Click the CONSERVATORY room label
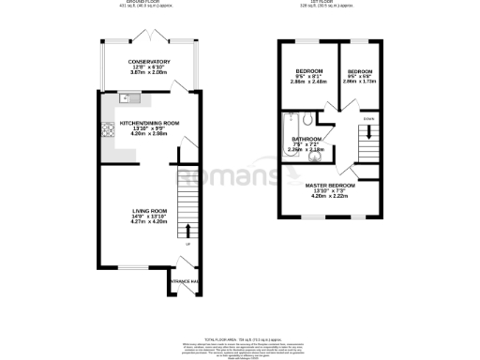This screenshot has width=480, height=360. (x=149, y=62)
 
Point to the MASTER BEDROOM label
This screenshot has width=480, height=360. (x=327, y=186)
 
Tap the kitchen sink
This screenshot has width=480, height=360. (x=128, y=98)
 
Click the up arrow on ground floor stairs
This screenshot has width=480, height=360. (x=187, y=229)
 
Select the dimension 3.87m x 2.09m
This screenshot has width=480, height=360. (x=149, y=73)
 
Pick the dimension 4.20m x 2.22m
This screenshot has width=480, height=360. (x=327, y=197)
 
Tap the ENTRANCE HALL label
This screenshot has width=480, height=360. (x=184, y=278)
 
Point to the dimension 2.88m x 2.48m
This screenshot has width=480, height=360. (x=310, y=82)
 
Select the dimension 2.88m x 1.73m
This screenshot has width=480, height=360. (x=360, y=82)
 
